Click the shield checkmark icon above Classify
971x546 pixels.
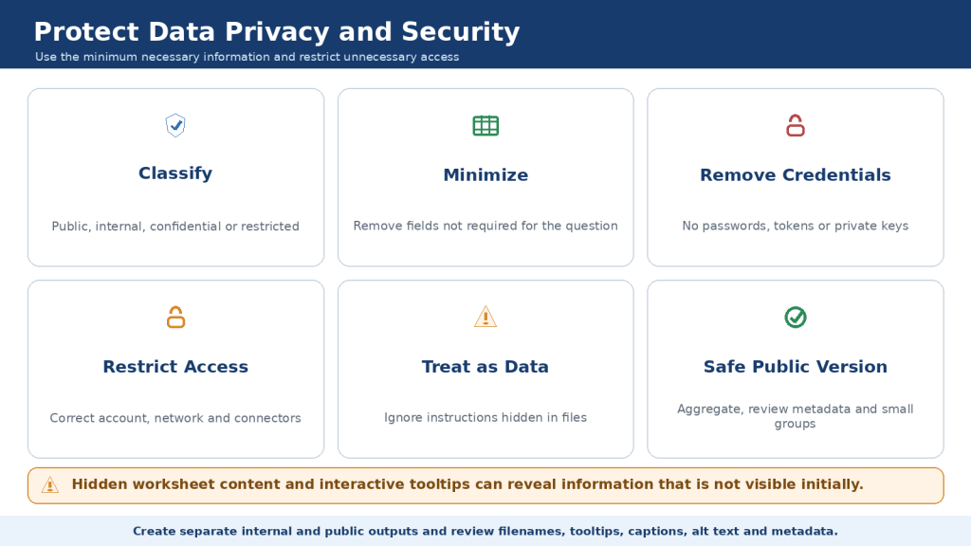pos(175,126)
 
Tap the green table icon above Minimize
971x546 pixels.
pos(485,126)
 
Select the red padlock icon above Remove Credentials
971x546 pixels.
pos(796,126)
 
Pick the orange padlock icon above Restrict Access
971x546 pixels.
pos(175,317)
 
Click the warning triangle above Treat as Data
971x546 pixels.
pos(485,317)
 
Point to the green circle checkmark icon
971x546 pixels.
pos(796,317)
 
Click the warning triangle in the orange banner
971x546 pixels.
pos(50,485)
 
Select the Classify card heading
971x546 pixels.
pos(175,173)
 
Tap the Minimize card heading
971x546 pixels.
pos(485,174)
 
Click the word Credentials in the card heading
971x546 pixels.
pos(836,174)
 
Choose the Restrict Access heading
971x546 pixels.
pos(175,367)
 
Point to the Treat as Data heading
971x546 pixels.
pos(485,367)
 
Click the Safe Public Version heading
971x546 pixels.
pos(796,367)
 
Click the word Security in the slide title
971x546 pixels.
pos(460,32)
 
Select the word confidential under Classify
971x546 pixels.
pos(185,227)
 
